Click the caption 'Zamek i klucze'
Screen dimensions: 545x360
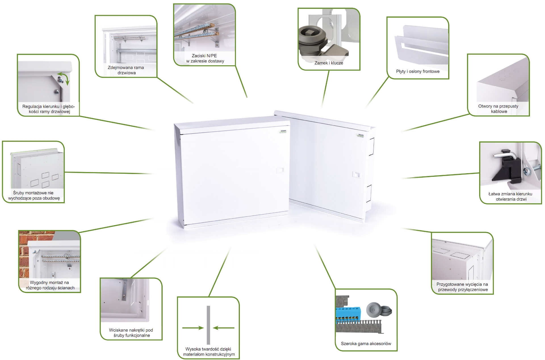coord(329,63)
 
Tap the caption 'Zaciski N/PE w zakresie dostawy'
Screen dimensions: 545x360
coord(205,58)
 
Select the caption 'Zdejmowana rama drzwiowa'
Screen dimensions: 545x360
coord(126,70)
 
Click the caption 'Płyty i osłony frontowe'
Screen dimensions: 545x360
coord(418,72)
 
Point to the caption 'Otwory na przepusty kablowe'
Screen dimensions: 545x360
coord(498,109)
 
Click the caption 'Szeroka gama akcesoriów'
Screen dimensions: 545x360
coord(366,344)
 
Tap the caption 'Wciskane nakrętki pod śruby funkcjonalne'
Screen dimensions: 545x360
coord(131,333)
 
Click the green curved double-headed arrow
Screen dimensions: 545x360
coord(64,78)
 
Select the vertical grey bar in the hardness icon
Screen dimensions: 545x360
coord(208,325)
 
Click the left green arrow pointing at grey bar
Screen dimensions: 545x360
coord(193,328)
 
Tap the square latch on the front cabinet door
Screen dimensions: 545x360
coord(280,170)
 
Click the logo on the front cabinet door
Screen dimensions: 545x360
coord(283,131)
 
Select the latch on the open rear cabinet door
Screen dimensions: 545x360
coord(356,174)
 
